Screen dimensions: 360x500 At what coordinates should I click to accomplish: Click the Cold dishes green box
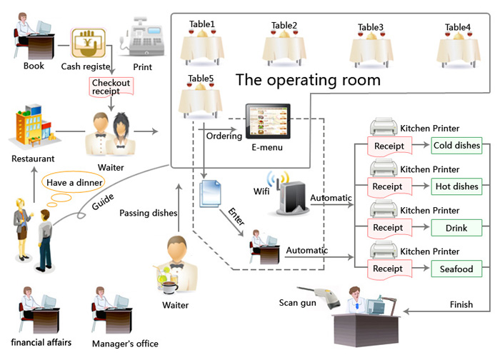(x=457, y=146)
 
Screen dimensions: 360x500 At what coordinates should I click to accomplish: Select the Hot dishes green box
(x=457, y=186)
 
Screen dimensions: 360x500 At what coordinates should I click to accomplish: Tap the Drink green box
(x=457, y=227)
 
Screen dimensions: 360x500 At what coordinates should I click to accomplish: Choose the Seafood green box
(x=457, y=269)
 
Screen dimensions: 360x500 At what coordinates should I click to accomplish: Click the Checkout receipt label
(x=111, y=87)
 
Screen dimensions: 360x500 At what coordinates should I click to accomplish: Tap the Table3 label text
(x=371, y=28)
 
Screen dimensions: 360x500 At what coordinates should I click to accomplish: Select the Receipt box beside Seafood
(x=388, y=269)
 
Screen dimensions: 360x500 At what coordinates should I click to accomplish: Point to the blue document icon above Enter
(x=209, y=193)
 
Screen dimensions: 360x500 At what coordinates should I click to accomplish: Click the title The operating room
(x=308, y=79)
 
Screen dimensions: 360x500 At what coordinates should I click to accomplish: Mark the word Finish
(x=461, y=304)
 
